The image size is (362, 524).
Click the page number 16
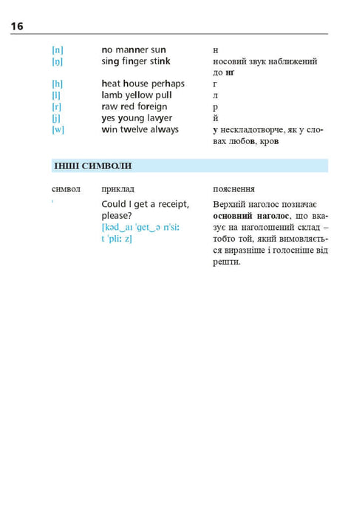[x=17, y=27]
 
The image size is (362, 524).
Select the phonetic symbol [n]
[x=58, y=50]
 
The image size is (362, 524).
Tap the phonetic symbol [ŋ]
[x=58, y=62]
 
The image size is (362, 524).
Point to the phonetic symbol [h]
[x=58, y=84]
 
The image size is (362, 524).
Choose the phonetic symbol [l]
[x=57, y=95]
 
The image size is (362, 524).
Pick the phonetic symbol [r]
[x=57, y=107]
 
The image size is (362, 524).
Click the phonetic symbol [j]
[x=57, y=118]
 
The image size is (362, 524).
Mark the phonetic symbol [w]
[x=58, y=130]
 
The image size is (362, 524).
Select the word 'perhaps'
[x=167, y=84]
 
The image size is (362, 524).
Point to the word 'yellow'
[x=138, y=95]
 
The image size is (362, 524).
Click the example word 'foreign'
[x=151, y=107]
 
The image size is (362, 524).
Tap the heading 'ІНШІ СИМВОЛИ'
[x=92, y=166]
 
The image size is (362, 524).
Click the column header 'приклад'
[x=117, y=189]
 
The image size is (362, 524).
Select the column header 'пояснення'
[x=233, y=189]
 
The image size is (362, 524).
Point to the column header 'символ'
[x=66, y=189]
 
